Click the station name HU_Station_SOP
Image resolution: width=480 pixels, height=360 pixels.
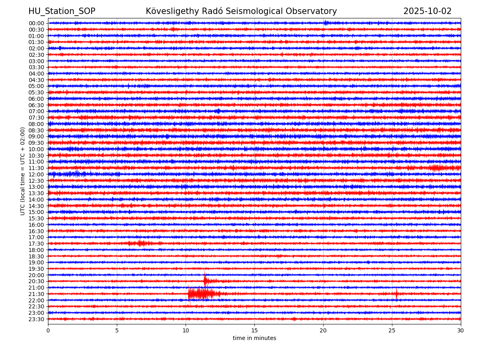click(62, 11)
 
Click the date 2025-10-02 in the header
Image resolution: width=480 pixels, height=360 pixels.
click(427, 11)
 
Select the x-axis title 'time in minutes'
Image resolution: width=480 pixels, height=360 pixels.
click(254, 338)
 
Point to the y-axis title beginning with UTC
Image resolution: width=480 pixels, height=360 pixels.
click(23, 171)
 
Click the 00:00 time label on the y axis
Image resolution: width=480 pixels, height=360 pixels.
click(36, 23)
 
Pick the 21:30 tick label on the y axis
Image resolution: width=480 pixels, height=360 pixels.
click(36, 294)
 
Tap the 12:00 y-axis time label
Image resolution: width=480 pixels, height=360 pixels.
click(36, 174)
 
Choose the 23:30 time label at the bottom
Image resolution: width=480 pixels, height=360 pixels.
click(36, 319)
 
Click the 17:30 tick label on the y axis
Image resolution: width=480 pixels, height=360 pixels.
click(36, 244)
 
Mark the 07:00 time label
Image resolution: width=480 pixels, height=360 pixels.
click(36, 111)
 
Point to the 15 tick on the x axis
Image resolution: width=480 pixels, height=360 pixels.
click(254, 330)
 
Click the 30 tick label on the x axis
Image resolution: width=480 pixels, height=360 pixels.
click(461, 330)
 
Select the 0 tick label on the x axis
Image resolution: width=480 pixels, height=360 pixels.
click(48, 330)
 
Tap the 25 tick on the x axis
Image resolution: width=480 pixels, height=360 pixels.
click(392, 330)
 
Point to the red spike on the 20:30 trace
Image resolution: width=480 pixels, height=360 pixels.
click(205, 280)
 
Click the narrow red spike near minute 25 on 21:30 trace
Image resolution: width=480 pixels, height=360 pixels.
click(396, 294)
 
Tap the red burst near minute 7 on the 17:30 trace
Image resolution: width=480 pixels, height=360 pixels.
click(140, 243)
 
